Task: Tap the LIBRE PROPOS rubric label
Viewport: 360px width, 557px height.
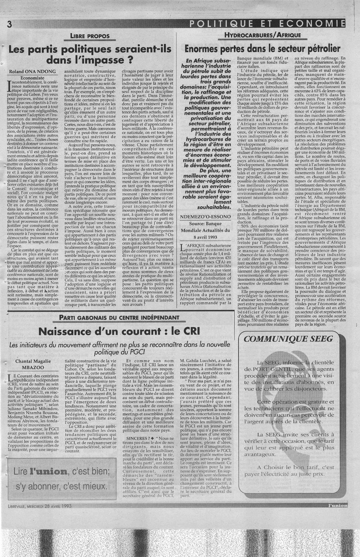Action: tap(90, 36)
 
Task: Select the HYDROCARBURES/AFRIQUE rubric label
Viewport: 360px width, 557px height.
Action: tap(263, 36)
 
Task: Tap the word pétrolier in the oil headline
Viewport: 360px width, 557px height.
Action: tap(320, 48)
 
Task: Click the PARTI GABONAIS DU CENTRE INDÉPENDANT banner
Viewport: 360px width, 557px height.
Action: tap(119, 317)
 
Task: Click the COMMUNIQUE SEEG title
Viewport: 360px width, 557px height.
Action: tap(289, 339)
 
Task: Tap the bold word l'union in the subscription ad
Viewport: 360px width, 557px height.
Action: tap(49, 472)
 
